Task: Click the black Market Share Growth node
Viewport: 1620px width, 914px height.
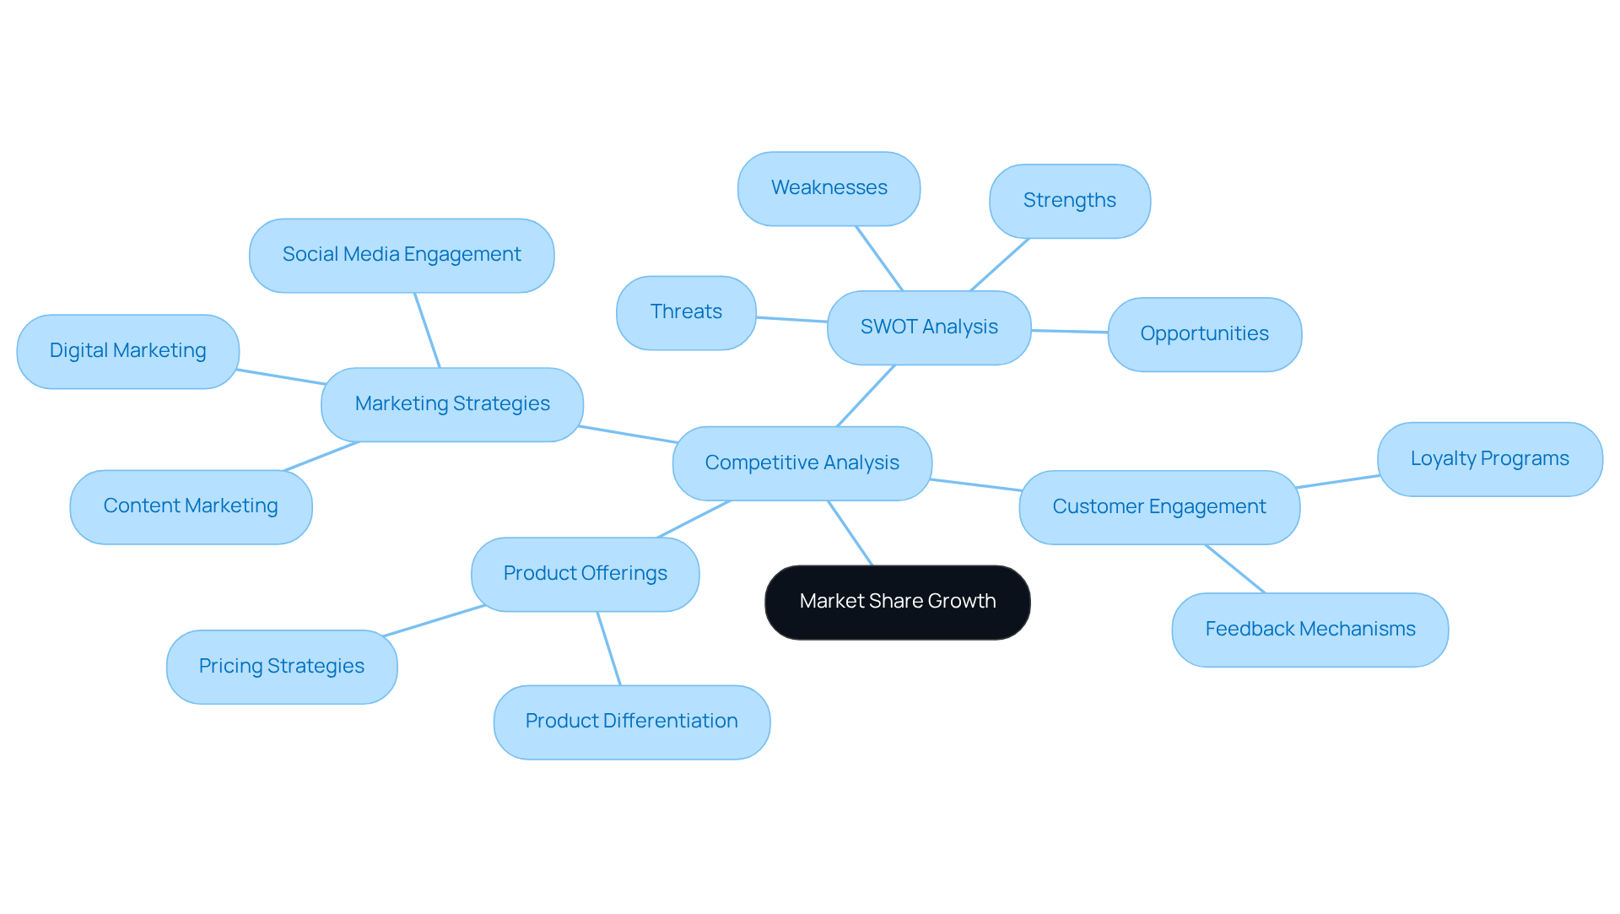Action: (x=897, y=602)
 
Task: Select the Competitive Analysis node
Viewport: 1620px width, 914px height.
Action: (x=802, y=463)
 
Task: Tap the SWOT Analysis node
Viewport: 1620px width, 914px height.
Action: (x=929, y=327)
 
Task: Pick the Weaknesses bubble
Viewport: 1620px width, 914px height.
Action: (x=829, y=188)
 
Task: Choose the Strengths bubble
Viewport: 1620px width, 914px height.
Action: (x=1069, y=201)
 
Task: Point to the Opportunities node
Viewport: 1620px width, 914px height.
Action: (x=1204, y=334)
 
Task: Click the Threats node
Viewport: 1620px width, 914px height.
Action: (x=686, y=312)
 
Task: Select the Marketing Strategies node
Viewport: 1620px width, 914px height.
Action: (x=452, y=404)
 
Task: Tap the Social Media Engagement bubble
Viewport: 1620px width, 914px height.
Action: (x=402, y=255)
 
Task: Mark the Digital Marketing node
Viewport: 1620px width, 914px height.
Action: (x=127, y=351)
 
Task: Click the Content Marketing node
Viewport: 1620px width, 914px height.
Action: (x=191, y=506)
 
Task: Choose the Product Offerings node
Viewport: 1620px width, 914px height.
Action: (x=585, y=574)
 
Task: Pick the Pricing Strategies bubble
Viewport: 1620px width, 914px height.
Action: (x=282, y=667)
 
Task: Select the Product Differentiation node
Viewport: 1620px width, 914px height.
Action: (x=631, y=722)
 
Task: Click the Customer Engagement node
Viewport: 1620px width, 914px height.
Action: (x=1159, y=507)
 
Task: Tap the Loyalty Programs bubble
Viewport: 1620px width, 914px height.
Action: (x=1489, y=459)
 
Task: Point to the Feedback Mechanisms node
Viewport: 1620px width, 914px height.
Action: (x=1309, y=630)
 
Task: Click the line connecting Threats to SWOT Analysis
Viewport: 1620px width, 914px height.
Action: (x=791, y=320)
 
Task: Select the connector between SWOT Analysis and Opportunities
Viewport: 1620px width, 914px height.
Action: (x=1069, y=332)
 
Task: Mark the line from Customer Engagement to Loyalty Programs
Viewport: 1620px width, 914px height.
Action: (x=1338, y=481)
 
